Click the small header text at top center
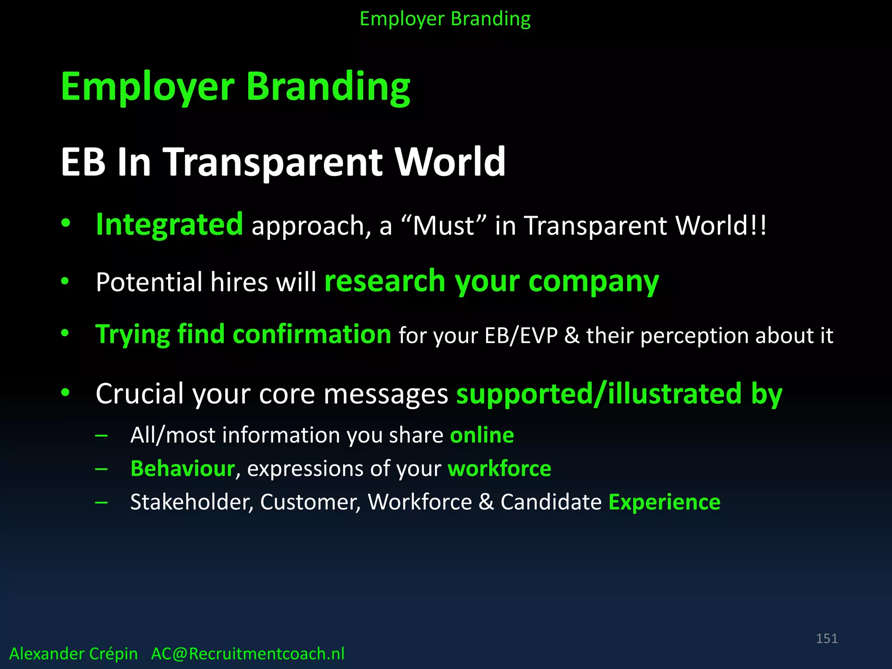click(x=445, y=19)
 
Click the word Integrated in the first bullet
click(x=169, y=225)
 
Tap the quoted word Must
click(x=443, y=226)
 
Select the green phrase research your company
click(x=491, y=282)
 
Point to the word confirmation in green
click(x=312, y=334)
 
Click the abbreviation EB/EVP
click(x=521, y=336)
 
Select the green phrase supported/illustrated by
click(x=619, y=394)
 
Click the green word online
click(x=482, y=435)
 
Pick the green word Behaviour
click(x=182, y=469)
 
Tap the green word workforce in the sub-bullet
click(x=499, y=469)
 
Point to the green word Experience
click(x=664, y=502)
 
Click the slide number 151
click(x=826, y=639)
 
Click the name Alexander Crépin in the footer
click(x=73, y=654)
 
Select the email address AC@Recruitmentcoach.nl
click(x=247, y=654)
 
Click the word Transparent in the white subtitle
click(x=273, y=162)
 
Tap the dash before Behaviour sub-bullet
click(x=101, y=469)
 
